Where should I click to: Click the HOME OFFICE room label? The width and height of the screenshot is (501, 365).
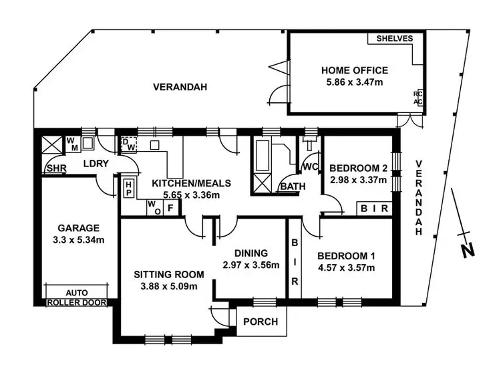[x=354, y=70]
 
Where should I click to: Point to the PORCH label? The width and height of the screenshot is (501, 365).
[x=260, y=322]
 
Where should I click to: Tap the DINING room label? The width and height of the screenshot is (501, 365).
[x=251, y=253]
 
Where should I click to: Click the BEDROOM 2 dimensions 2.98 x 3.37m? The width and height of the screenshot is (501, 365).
[x=359, y=179]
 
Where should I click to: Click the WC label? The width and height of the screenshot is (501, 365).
[x=309, y=165]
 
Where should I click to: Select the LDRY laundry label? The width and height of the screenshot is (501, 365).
[x=96, y=164]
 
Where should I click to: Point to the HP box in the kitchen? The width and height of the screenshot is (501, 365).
[x=129, y=187]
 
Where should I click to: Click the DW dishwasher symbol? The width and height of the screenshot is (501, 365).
[x=128, y=144]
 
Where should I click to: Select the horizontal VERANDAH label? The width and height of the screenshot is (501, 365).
[x=180, y=87]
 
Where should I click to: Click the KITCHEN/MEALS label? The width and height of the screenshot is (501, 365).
[x=191, y=182]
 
